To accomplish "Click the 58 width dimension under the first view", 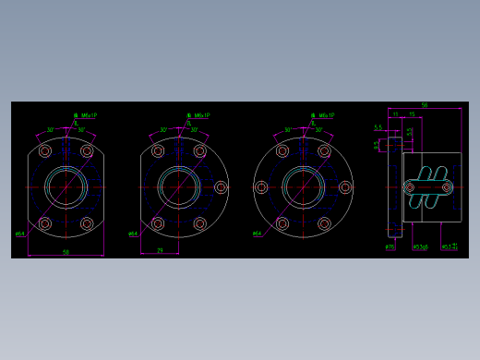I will pos(66,250).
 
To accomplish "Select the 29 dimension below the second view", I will pos(160,249).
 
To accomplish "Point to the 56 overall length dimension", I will pos(425,105).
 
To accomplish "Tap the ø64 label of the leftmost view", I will pos(19,234).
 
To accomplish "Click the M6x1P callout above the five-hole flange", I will pos(199,116).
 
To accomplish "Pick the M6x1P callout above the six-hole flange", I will pos(323,116).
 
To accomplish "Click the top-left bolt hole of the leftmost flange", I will pos(44,151).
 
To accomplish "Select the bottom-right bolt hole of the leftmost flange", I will pos(87,223).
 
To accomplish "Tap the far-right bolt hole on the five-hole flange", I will pos(221,187).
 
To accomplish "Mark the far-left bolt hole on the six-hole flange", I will pos(261,187).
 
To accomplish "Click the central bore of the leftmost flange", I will pos(66,187).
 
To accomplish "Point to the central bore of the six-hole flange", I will pos(303,187).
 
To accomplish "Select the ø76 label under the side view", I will pos(390,246).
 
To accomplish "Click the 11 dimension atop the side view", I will pos(395,114).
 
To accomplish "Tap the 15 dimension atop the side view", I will pos(411,114).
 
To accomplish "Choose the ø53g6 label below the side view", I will pos(420,246).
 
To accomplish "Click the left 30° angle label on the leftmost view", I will pos(51,130).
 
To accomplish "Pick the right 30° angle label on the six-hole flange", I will pos(318,130).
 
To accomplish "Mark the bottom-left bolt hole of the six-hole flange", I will pos(282,223).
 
